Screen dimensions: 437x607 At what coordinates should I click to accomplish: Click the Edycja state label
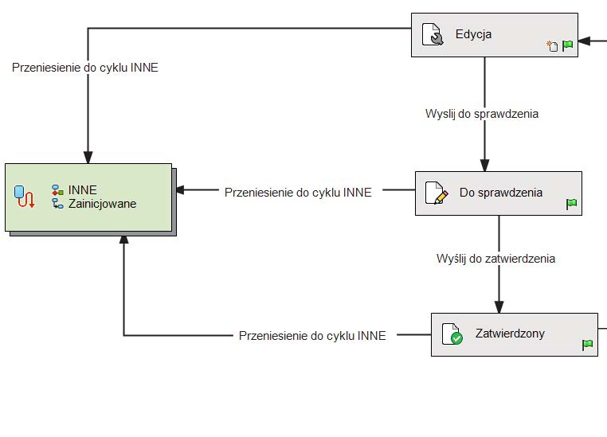[x=473, y=34]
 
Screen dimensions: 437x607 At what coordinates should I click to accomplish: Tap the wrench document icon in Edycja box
[x=433, y=35]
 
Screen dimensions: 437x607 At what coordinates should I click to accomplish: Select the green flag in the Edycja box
[x=568, y=46]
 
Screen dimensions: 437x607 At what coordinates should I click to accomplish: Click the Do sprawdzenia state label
[x=500, y=193]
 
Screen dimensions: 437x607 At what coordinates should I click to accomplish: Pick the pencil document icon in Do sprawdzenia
[x=436, y=193]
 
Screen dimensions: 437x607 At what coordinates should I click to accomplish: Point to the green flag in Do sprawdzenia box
[x=571, y=205]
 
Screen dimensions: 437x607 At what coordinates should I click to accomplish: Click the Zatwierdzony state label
[x=510, y=334]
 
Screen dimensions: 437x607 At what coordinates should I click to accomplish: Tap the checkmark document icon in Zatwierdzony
[x=452, y=334]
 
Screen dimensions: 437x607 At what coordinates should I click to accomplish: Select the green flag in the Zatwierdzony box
[x=587, y=345]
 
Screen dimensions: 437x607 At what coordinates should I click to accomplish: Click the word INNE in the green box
[x=83, y=190]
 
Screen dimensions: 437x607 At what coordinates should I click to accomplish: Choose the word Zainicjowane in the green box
[x=102, y=204]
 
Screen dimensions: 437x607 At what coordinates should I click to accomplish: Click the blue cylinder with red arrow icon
[x=25, y=196]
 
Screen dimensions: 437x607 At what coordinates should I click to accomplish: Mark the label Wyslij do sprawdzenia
[x=482, y=114]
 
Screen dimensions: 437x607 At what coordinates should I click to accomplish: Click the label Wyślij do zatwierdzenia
[x=495, y=259]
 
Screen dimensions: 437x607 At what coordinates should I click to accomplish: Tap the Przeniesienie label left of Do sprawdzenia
[x=298, y=193]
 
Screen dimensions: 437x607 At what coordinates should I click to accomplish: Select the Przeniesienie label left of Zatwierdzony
[x=312, y=336]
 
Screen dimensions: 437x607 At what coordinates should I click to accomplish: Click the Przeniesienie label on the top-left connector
[x=85, y=68]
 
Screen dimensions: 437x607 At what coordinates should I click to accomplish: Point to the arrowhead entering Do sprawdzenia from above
[x=484, y=165]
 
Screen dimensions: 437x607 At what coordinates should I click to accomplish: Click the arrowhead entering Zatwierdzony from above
[x=499, y=306]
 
